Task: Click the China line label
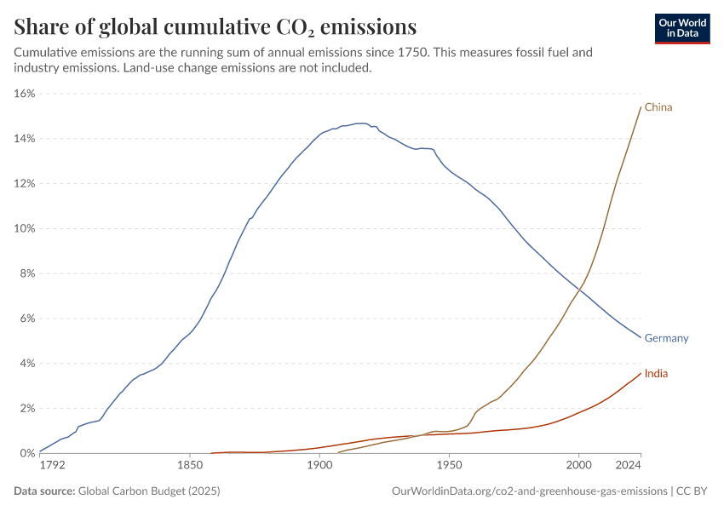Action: pos(658,107)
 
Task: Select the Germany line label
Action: pos(666,338)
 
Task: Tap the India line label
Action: pos(656,374)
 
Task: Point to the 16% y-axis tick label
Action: pos(24,94)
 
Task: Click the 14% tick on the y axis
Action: pos(24,139)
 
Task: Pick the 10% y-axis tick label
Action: pos(24,228)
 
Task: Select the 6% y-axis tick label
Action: pos(26,319)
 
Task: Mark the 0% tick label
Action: pos(26,453)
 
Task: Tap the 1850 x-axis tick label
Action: pos(190,466)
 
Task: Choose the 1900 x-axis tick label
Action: pos(319,466)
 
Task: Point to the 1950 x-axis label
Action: pos(449,466)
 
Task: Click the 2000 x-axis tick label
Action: pos(578,466)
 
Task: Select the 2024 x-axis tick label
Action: pos(628,466)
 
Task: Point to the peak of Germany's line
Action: pos(362,123)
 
